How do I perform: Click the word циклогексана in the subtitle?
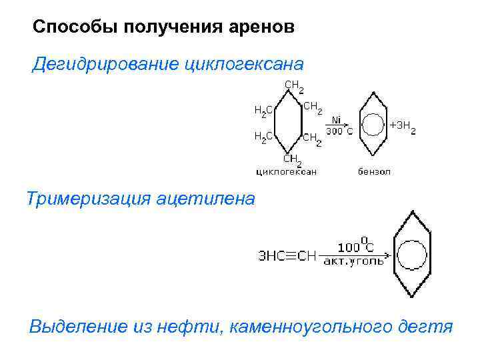(243, 65)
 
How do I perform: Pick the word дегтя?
(424, 327)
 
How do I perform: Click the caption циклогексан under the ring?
(287, 171)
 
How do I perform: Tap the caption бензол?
(374, 171)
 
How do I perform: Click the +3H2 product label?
(403, 127)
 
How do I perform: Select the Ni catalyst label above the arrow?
(336, 120)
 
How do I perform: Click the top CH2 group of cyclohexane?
(294, 86)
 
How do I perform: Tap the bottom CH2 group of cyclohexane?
(293, 160)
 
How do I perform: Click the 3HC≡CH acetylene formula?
(287, 256)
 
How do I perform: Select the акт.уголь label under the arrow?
(353, 262)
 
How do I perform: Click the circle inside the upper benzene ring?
(373, 125)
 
